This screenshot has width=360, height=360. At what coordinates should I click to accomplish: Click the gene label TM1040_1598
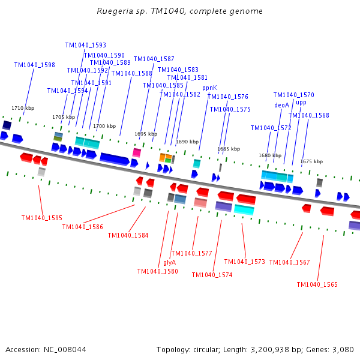(35, 65)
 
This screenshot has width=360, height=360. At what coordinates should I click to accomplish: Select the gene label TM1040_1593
(86, 45)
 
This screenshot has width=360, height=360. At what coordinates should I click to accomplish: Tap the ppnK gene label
(209, 88)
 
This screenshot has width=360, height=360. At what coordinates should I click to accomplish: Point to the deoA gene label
(282, 105)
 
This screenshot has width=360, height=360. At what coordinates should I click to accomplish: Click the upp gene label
(301, 103)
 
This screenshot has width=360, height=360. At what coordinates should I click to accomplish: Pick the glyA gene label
(170, 262)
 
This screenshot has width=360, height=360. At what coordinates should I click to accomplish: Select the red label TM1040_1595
(42, 218)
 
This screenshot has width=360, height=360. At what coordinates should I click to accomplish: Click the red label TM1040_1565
(317, 284)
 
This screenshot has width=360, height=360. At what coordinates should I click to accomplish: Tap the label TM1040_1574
(212, 275)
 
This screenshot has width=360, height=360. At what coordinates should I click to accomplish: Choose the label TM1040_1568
(309, 116)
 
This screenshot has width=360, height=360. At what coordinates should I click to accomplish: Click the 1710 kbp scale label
(23, 108)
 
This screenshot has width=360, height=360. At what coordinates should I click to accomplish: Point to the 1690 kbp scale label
(187, 142)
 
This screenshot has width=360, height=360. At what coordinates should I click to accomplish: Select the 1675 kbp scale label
(311, 161)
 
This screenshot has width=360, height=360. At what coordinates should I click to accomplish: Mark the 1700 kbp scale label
(104, 126)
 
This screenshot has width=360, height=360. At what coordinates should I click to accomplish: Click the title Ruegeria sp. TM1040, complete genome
(180, 11)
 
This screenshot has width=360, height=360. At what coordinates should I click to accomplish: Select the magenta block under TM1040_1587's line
(137, 152)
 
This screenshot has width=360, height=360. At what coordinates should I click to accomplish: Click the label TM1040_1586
(83, 227)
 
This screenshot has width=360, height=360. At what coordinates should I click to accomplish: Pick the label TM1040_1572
(271, 128)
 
